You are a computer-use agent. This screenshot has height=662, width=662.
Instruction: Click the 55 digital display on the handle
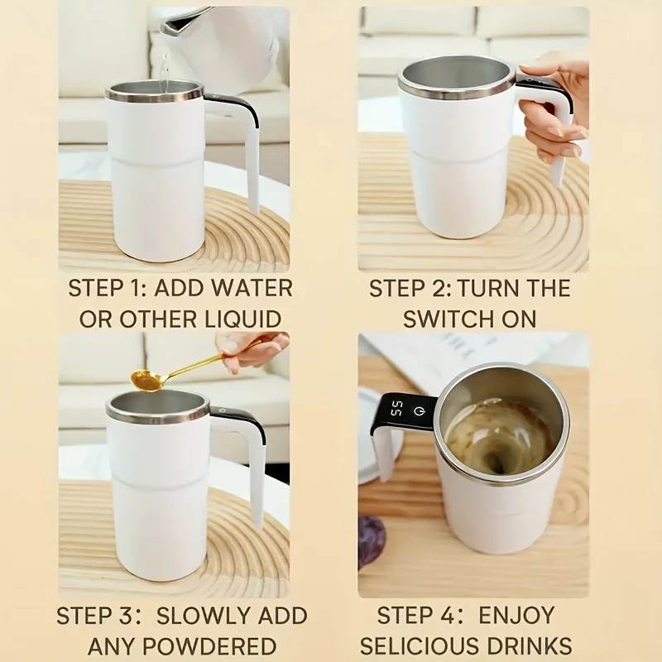point(397,409)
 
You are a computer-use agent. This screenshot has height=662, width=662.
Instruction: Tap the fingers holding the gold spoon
point(252,348)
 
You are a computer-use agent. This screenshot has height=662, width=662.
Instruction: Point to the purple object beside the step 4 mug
point(371,538)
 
